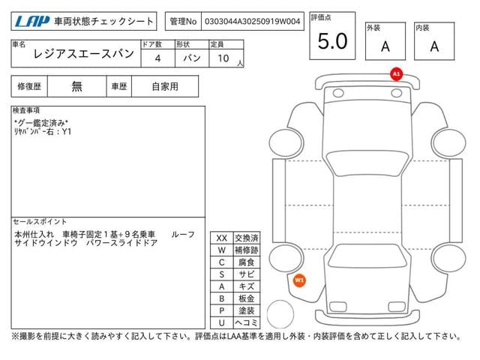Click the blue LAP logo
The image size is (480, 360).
point(32,22)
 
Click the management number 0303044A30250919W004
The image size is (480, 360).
point(252,22)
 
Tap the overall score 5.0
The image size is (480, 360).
point(332,41)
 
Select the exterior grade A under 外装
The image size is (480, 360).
point(385,46)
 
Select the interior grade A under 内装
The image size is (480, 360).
point(434,46)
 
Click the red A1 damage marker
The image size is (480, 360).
point(397,74)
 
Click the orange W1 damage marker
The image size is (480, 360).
point(299,280)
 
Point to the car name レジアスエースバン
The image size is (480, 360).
point(83,54)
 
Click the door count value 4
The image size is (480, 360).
point(157,58)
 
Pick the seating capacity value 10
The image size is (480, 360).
point(223,58)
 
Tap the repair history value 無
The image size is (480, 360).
point(76,87)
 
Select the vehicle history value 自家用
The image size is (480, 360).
point(165,87)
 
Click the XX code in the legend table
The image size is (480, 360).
point(222,238)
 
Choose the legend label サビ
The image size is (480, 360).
point(247,274)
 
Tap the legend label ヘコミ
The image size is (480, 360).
point(247,322)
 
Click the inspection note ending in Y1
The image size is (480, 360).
point(43,132)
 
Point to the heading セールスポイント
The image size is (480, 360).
point(40,221)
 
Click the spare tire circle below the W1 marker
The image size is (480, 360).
point(280,314)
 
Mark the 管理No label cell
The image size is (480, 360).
point(183,22)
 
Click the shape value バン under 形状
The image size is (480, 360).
point(192,58)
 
